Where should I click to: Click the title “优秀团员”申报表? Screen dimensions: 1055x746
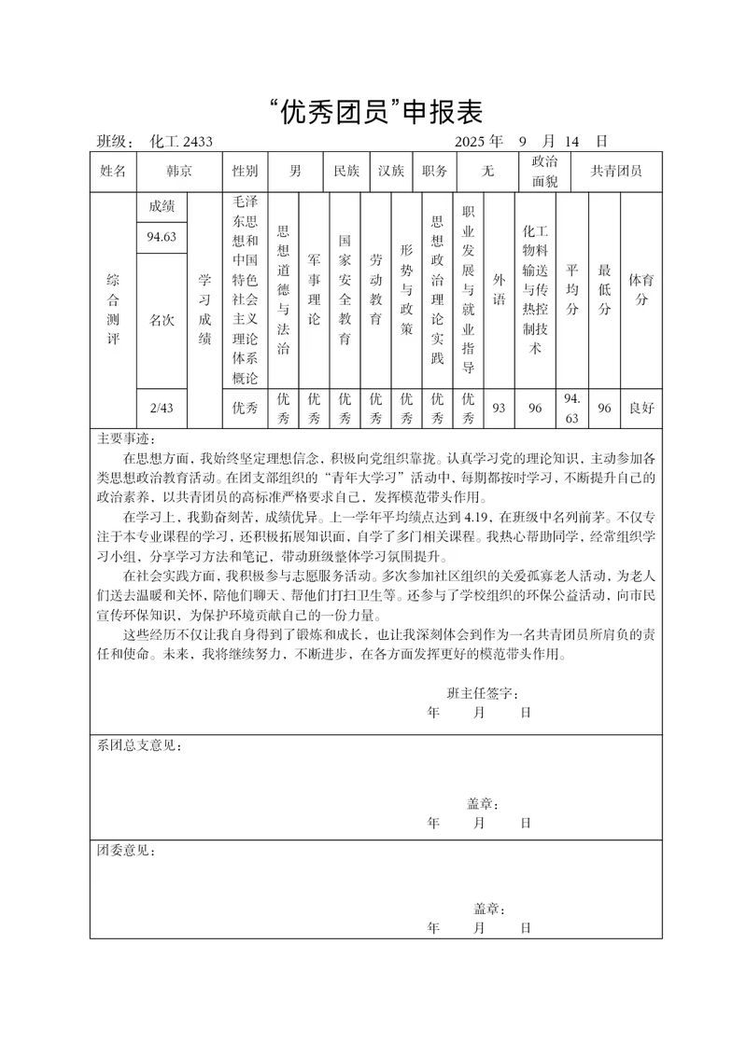point(373,112)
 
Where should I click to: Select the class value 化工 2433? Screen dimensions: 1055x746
point(181,142)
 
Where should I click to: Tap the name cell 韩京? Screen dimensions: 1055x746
point(179,172)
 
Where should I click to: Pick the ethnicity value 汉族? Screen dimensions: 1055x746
point(391,172)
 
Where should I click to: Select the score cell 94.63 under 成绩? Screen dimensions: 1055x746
point(162,237)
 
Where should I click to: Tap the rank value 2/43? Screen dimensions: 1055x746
point(162,407)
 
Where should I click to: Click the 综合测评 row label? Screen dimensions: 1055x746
point(113,310)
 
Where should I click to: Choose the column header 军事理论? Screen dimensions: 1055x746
point(314,291)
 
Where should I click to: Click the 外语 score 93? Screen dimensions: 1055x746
point(499,408)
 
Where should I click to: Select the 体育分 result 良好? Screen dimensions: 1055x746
point(641,408)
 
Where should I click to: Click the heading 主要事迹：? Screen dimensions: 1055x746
point(128,438)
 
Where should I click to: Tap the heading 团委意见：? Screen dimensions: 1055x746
point(128,852)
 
